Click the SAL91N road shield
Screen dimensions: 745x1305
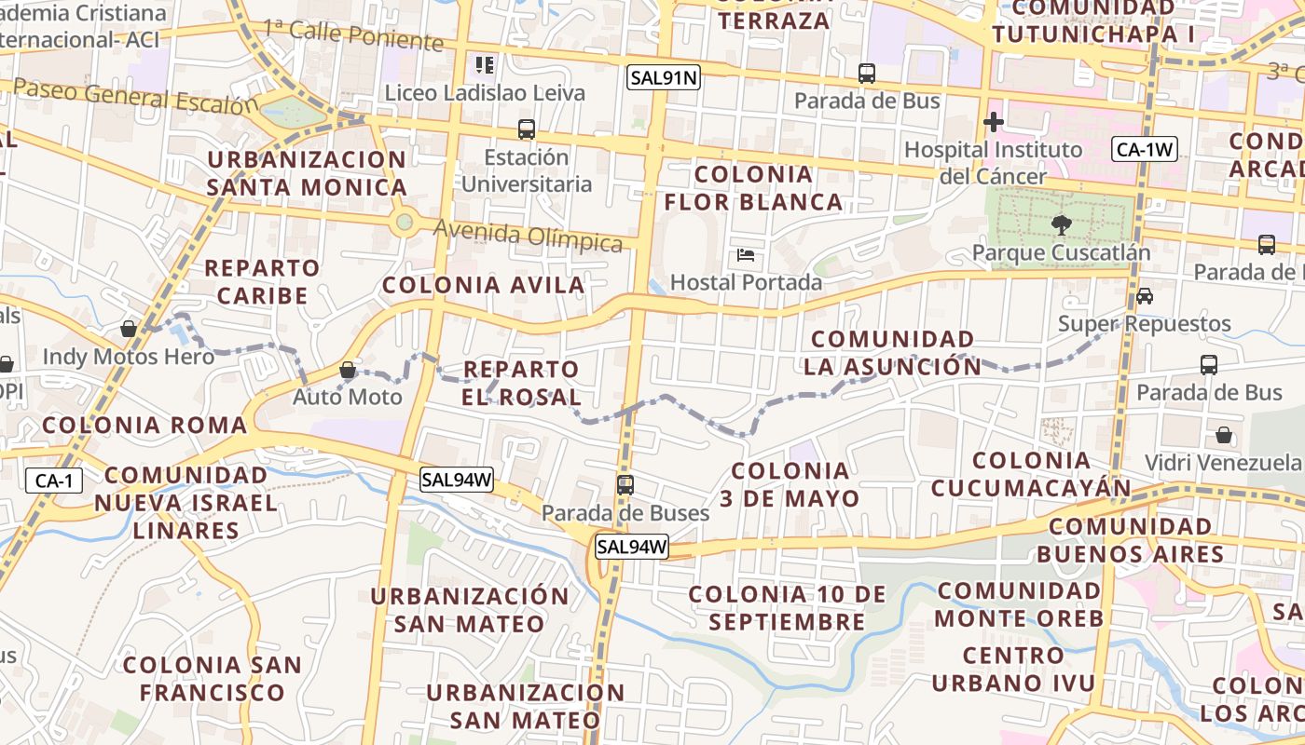tap(664, 78)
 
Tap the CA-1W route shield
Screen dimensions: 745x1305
tap(1145, 148)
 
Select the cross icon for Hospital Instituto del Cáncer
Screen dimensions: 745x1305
tap(994, 122)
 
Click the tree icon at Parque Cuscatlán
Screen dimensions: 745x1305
tap(1061, 223)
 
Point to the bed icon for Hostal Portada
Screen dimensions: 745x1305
tap(746, 255)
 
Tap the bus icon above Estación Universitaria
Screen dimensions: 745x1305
tap(527, 129)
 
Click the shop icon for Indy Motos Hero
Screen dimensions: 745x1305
tap(129, 329)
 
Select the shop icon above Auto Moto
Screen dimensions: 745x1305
tap(348, 370)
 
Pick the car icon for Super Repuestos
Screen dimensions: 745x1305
tap(1145, 296)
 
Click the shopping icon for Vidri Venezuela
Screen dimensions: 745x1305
tap(1224, 435)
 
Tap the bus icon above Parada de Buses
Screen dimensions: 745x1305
tap(625, 484)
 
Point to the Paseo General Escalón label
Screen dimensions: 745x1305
tap(135, 96)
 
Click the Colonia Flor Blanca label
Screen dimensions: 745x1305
tap(753, 188)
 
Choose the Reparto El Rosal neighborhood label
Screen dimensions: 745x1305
tap(522, 383)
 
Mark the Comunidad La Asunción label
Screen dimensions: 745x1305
tap(892, 353)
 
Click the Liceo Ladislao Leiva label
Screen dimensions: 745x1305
tap(485, 92)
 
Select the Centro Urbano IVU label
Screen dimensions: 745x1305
tap(1014, 670)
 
